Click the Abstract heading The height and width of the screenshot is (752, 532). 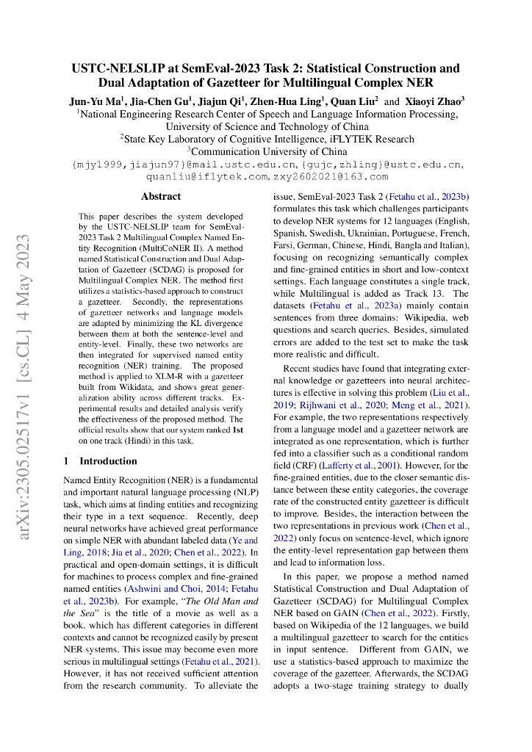[x=160, y=197]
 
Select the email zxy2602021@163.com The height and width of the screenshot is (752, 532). [x=331, y=177]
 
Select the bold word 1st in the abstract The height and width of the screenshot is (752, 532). [x=238, y=430]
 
